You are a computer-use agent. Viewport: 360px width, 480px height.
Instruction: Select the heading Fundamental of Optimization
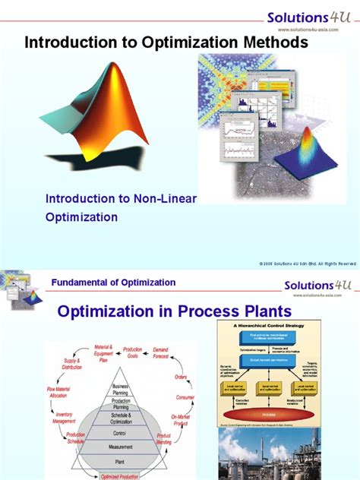tap(113, 283)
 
